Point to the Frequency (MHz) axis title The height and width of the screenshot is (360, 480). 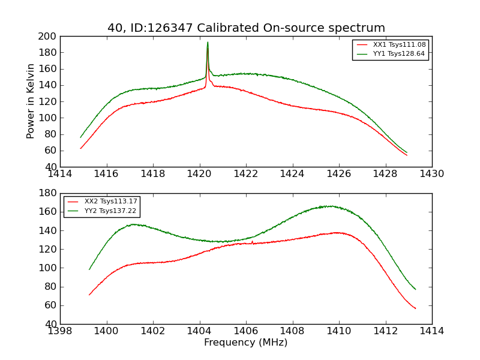tap(245, 343)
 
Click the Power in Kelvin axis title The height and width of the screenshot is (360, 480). tap(31, 101)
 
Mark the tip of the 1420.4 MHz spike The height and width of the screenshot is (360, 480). tap(208, 42)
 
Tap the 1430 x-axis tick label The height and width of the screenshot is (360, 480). tap(431, 174)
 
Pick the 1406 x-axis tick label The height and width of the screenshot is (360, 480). tap(246, 331)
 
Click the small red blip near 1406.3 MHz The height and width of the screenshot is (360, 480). tap(252, 241)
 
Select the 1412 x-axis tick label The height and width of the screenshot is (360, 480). tap(385, 331)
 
